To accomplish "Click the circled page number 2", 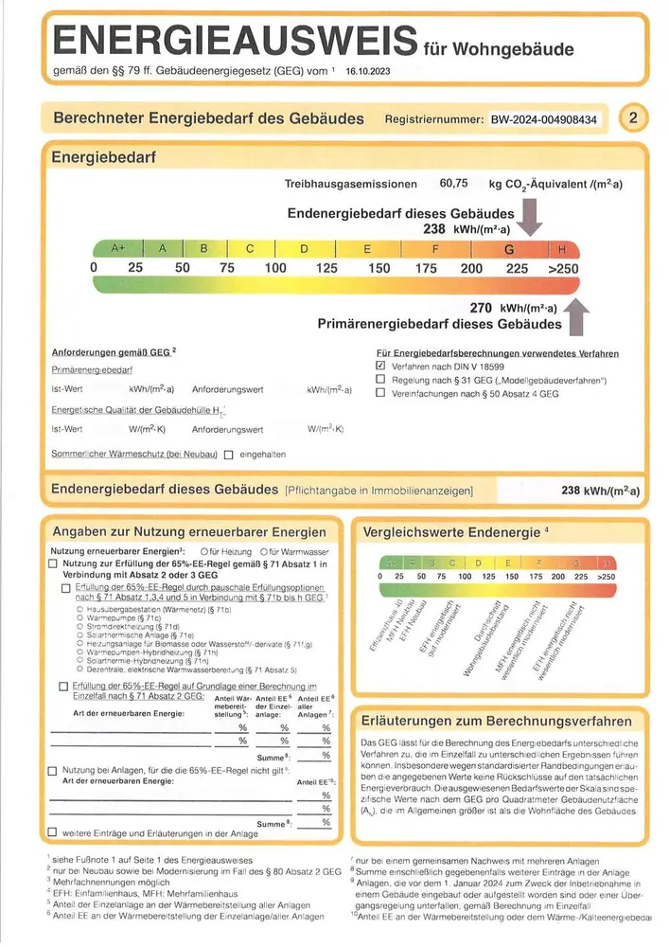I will click(x=632, y=118).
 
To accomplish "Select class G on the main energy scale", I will click(x=509, y=249).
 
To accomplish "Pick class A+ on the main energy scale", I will click(x=118, y=249).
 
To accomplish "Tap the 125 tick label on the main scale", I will click(x=326, y=268).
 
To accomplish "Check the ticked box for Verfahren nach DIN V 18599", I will click(x=380, y=365).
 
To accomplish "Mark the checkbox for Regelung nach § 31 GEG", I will click(x=380, y=379).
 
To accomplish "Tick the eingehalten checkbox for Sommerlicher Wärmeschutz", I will click(x=228, y=455).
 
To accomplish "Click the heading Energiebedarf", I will click(x=104, y=156).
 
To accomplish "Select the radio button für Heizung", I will click(x=204, y=551).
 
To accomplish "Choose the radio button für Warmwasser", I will click(x=264, y=551).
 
